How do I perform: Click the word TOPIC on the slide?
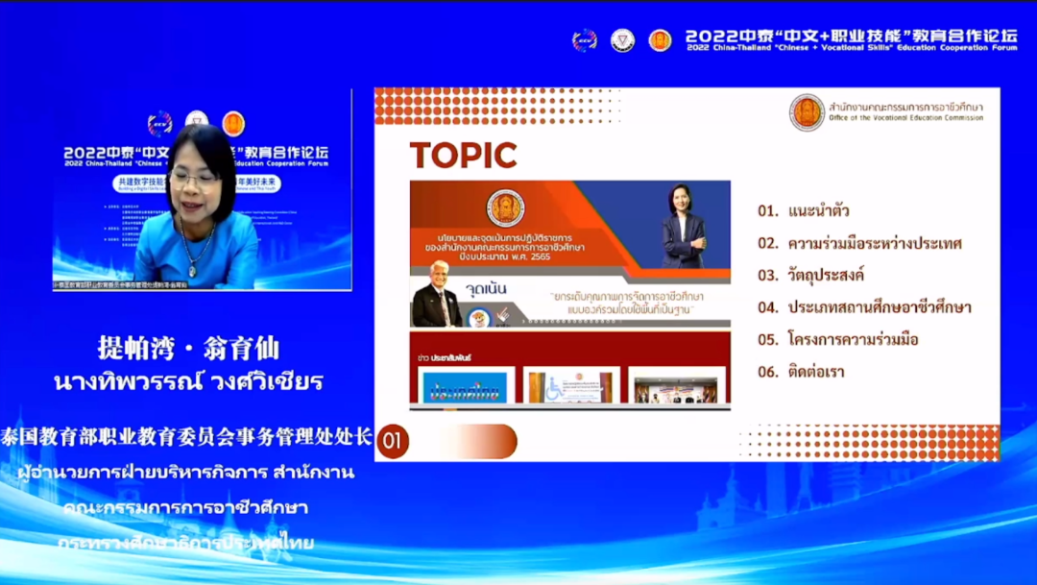coord(463,155)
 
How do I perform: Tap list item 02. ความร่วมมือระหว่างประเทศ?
coord(859,243)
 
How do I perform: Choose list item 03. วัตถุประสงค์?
coord(810,275)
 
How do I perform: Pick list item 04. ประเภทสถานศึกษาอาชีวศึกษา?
coord(864,307)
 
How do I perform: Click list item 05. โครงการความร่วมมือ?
coord(839,339)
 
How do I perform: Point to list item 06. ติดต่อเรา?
coord(801,371)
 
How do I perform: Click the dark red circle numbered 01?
coord(391,441)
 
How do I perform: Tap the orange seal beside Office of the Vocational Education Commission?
coord(807,112)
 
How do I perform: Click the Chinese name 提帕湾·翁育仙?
coord(188,348)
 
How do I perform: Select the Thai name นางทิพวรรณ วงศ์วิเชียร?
coord(188,381)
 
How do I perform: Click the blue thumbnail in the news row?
coord(465,386)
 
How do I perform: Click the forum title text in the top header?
coord(851,39)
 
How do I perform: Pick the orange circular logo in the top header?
coord(660,40)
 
